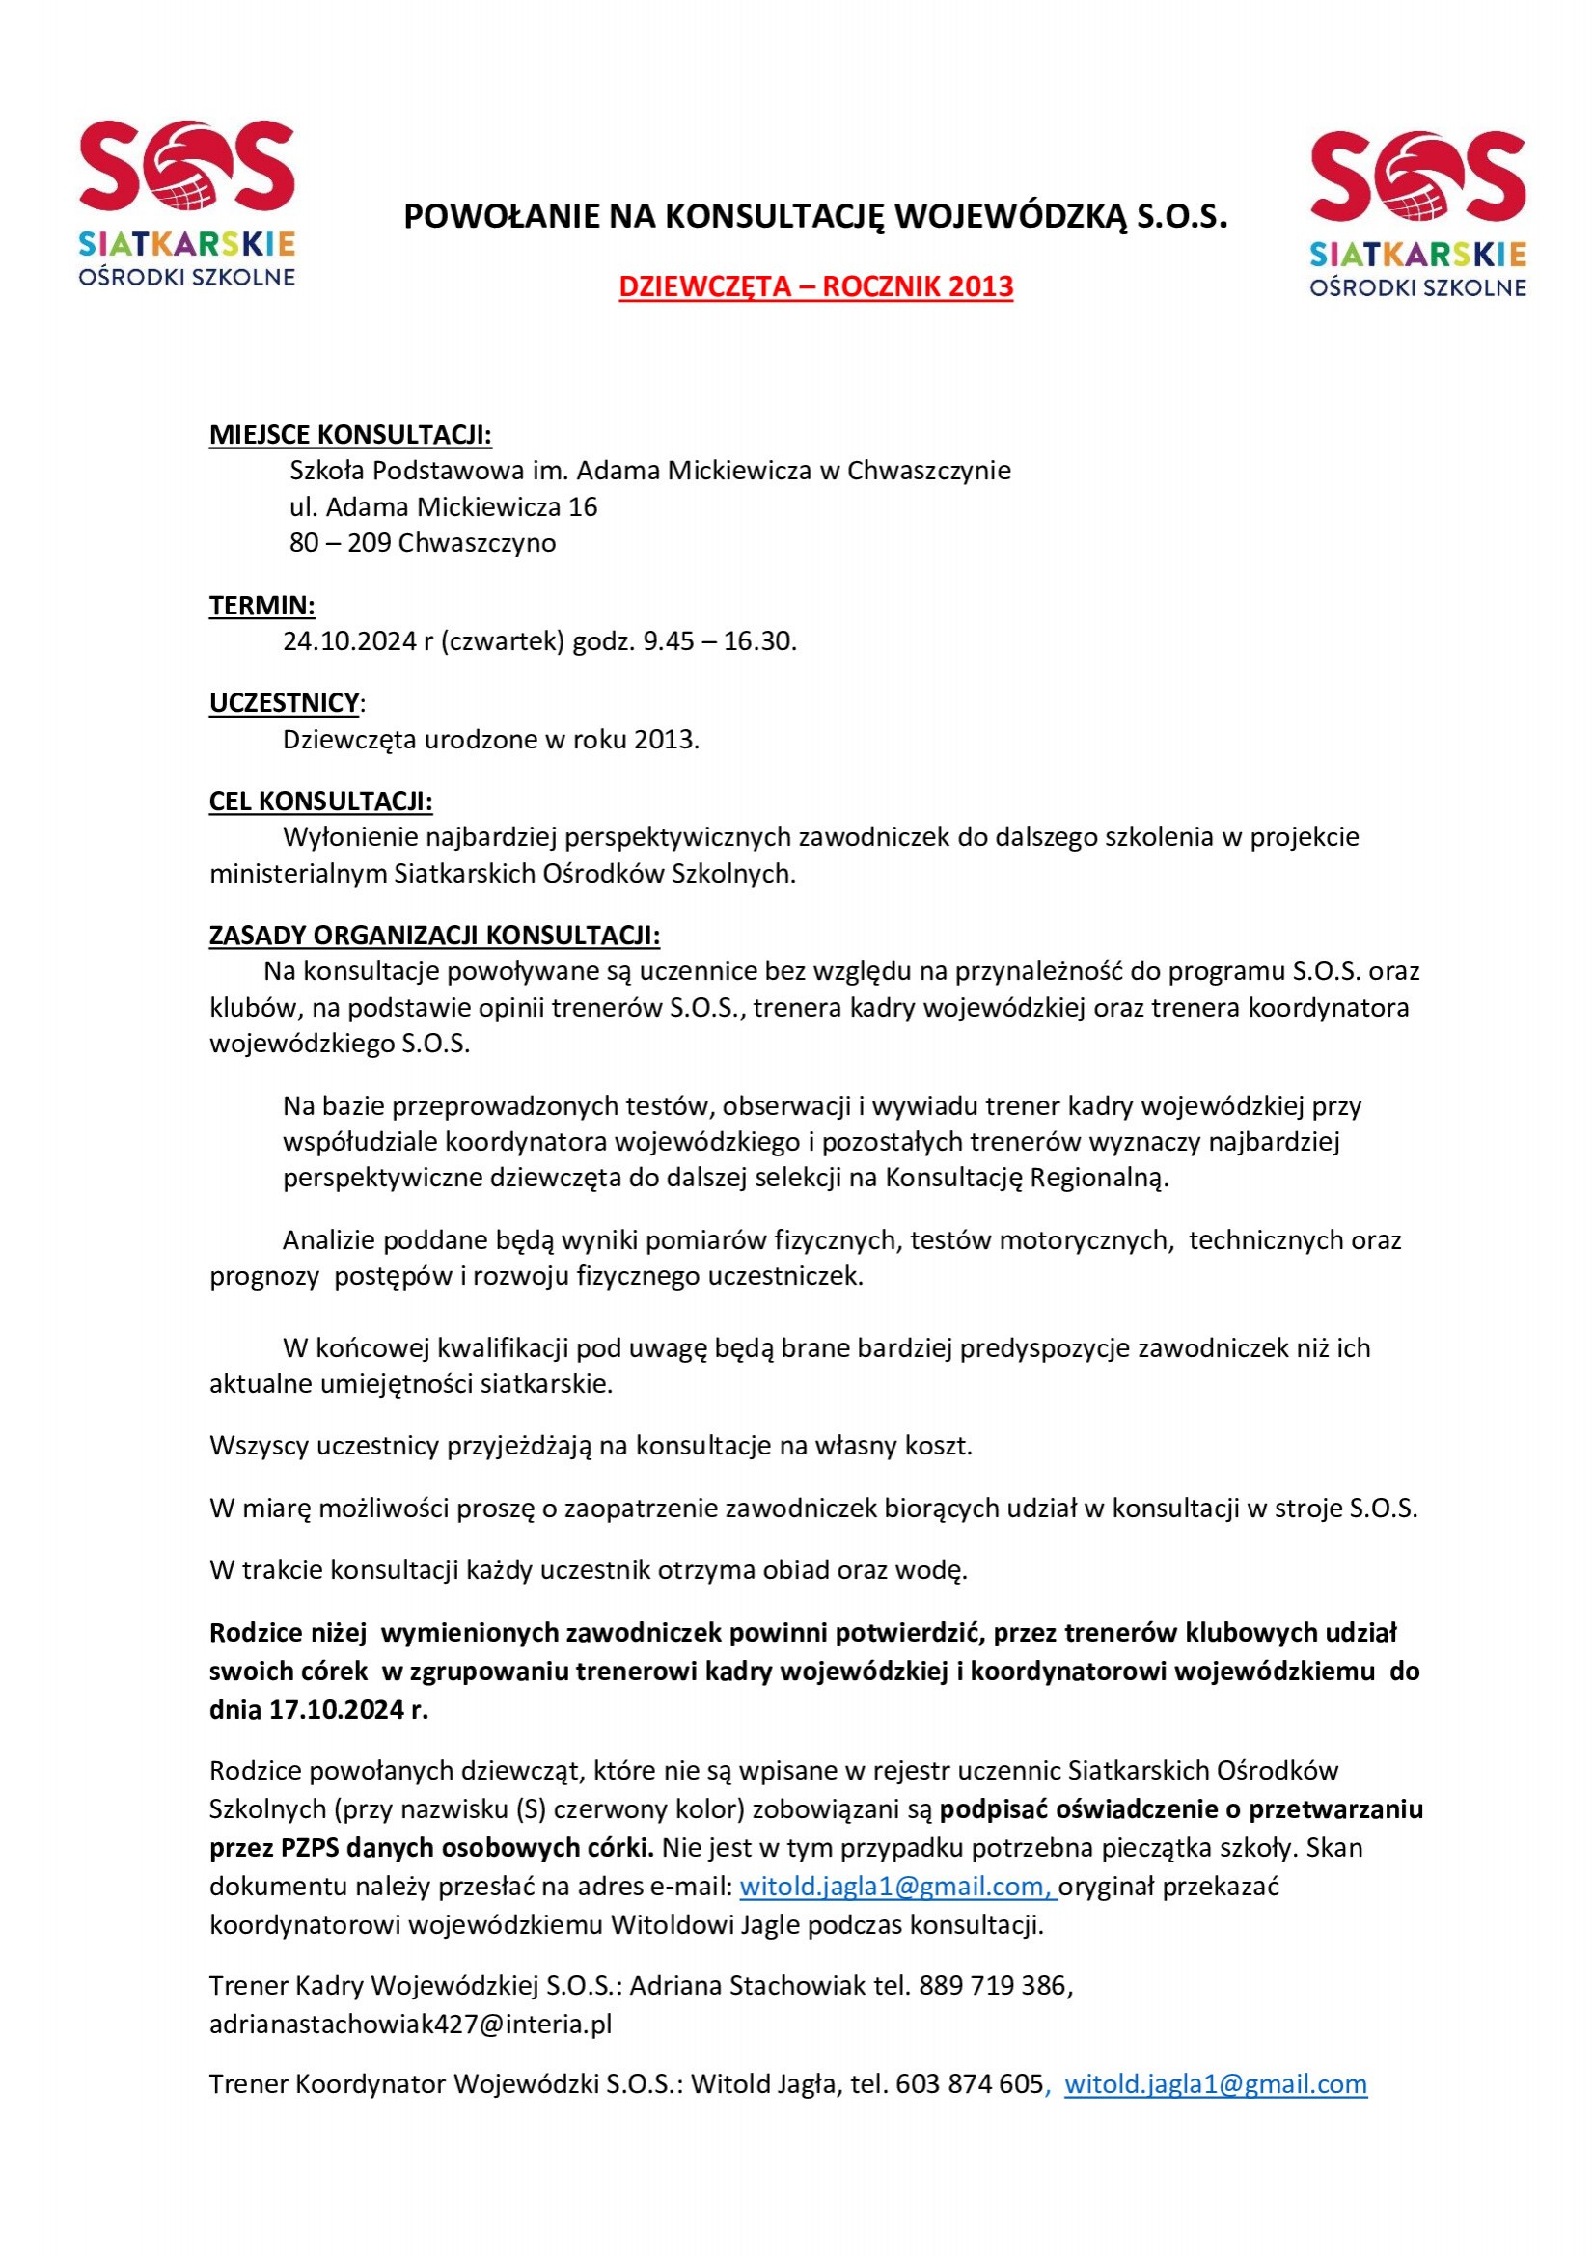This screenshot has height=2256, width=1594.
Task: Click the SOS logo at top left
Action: (187, 203)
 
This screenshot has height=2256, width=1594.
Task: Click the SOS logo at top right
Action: (1417, 213)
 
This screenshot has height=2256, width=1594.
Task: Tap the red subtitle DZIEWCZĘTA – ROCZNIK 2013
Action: (815, 286)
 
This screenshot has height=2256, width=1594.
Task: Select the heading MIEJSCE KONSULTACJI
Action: (350, 434)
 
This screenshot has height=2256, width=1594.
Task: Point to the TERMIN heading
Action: (261, 606)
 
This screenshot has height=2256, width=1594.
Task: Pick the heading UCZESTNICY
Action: (284, 703)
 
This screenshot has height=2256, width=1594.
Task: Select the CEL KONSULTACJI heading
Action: (320, 802)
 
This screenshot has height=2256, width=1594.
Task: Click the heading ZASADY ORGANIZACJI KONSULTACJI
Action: (434, 936)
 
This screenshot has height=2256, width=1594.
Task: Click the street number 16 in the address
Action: (583, 507)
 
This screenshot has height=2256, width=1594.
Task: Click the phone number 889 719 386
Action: (993, 1986)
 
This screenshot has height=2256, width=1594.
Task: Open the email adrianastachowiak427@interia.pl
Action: (410, 2025)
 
